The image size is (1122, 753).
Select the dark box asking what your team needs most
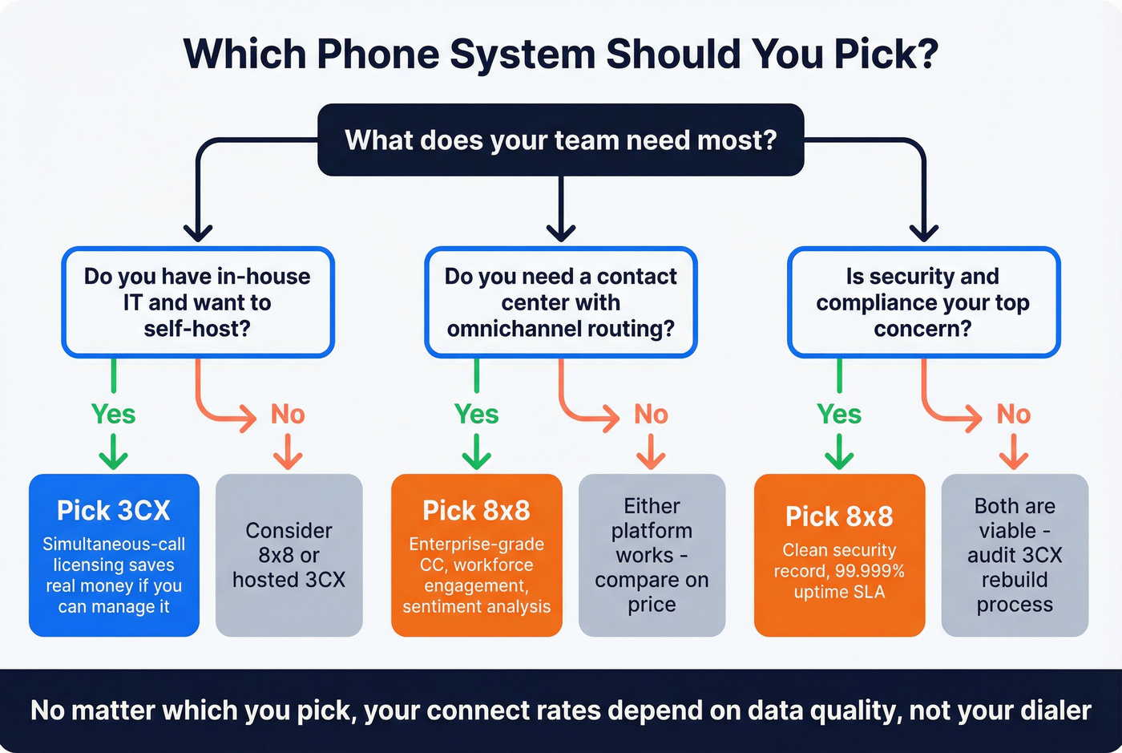point(560,140)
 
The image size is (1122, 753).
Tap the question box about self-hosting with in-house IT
point(197,302)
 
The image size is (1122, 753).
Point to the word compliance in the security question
point(874,303)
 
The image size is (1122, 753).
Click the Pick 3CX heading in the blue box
point(114,511)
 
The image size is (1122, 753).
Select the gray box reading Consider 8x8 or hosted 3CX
point(289,555)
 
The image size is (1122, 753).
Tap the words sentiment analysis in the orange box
point(476,606)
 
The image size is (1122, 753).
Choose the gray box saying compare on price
point(652,555)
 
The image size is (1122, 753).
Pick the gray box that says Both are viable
point(1015,555)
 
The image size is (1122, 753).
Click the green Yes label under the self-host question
point(113,414)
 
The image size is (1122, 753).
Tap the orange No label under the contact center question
point(651,414)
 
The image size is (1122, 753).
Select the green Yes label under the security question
point(839,414)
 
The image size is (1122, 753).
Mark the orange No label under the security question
point(1013,414)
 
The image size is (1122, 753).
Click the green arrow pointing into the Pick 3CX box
point(113,453)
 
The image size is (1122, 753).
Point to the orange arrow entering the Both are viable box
point(1014,453)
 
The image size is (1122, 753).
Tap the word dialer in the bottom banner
point(1055,710)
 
